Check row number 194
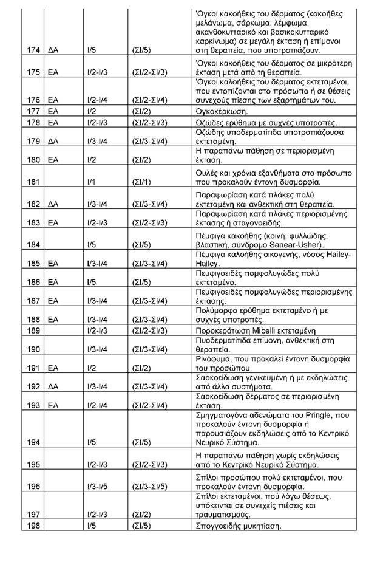pos(28,443)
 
